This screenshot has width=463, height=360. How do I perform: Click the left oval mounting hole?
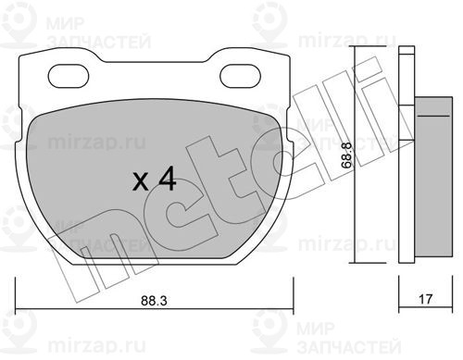pyautogui.click(x=69, y=76)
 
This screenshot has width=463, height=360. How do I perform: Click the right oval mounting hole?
pyautogui.click(x=240, y=76)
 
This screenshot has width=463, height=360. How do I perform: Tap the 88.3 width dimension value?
pyautogui.click(x=154, y=301)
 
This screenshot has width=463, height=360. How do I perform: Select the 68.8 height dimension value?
pyautogui.click(x=347, y=155)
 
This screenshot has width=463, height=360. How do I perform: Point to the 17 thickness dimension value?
pyautogui.click(x=425, y=299)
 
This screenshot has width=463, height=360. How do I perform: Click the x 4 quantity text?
pyautogui.click(x=155, y=180)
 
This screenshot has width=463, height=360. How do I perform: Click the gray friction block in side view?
pyautogui.click(x=433, y=177)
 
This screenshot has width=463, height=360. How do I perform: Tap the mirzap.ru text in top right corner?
pyautogui.click(x=346, y=41)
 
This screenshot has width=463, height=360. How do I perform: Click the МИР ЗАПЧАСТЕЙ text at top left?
pyautogui.click(x=98, y=32)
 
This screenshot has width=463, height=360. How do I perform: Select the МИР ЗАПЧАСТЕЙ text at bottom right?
pyautogui.click(x=349, y=338)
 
